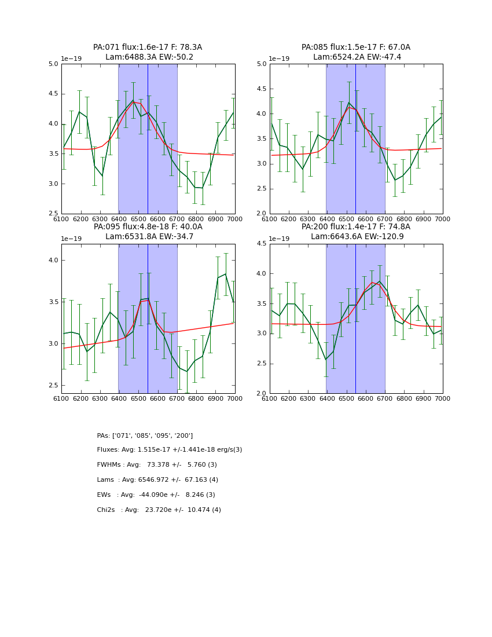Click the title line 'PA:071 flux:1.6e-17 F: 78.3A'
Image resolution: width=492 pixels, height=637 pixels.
pos(148,47)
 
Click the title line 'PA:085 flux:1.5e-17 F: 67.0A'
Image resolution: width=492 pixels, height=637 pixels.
pos(355,47)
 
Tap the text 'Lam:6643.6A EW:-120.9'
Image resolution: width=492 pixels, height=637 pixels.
pos(355,237)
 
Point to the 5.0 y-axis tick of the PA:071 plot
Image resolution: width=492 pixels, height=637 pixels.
pos(53,64)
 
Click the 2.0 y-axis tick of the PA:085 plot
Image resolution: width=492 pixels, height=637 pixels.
pos(262,214)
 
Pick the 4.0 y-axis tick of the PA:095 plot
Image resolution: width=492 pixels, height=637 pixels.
pos(53,261)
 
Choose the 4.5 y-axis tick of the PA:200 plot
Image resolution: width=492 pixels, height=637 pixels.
pos(262,244)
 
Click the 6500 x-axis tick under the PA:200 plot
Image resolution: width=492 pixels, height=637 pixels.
pos(346,399)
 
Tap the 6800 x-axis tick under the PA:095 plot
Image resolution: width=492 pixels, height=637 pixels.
pos(196,399)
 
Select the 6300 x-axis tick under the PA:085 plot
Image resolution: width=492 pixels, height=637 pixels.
pos(308,219)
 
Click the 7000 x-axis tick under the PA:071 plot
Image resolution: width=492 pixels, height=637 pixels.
pos(234,219)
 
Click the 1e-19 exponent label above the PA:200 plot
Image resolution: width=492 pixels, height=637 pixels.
pos(281,239)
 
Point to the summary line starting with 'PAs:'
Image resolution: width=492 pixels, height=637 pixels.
pos(145,435)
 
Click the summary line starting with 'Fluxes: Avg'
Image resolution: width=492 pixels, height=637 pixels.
pos(170,450)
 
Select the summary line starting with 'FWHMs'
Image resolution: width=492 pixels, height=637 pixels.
pos(157,465)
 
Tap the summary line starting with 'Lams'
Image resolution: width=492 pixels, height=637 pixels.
pos(157,480)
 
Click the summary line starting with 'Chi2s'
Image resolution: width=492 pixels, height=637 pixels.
pos(159,510)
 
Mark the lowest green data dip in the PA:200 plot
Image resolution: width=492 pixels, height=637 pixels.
pos(325,360)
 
